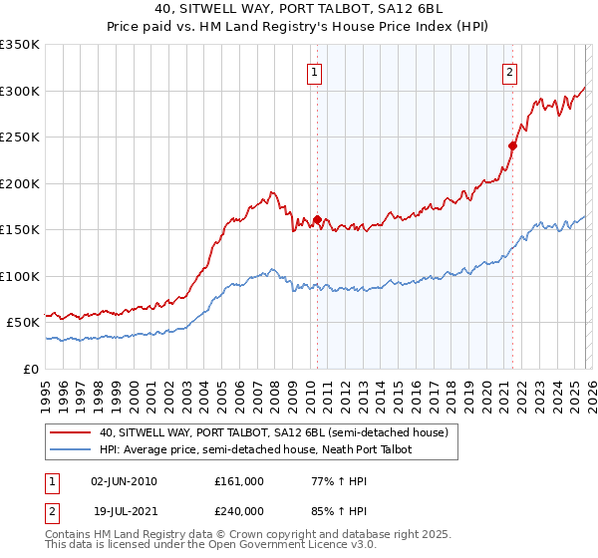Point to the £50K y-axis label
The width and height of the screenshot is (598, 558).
[21, 322]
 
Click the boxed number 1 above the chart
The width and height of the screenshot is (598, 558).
[315, 71]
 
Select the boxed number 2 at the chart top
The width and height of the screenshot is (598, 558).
[510, 71]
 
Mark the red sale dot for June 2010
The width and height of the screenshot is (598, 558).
[317, 219]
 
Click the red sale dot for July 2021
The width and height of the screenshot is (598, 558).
[512, 145]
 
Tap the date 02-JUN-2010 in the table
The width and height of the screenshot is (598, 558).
[124, 481]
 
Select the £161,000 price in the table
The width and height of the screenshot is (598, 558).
[239, 481]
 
